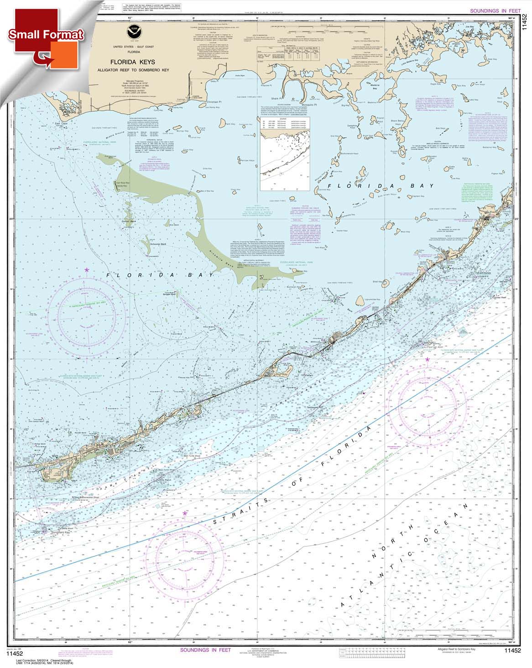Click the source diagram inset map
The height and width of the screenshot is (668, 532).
click(x=285, y=153)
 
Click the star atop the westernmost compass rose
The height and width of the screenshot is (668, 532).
click(x=87, y=270)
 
